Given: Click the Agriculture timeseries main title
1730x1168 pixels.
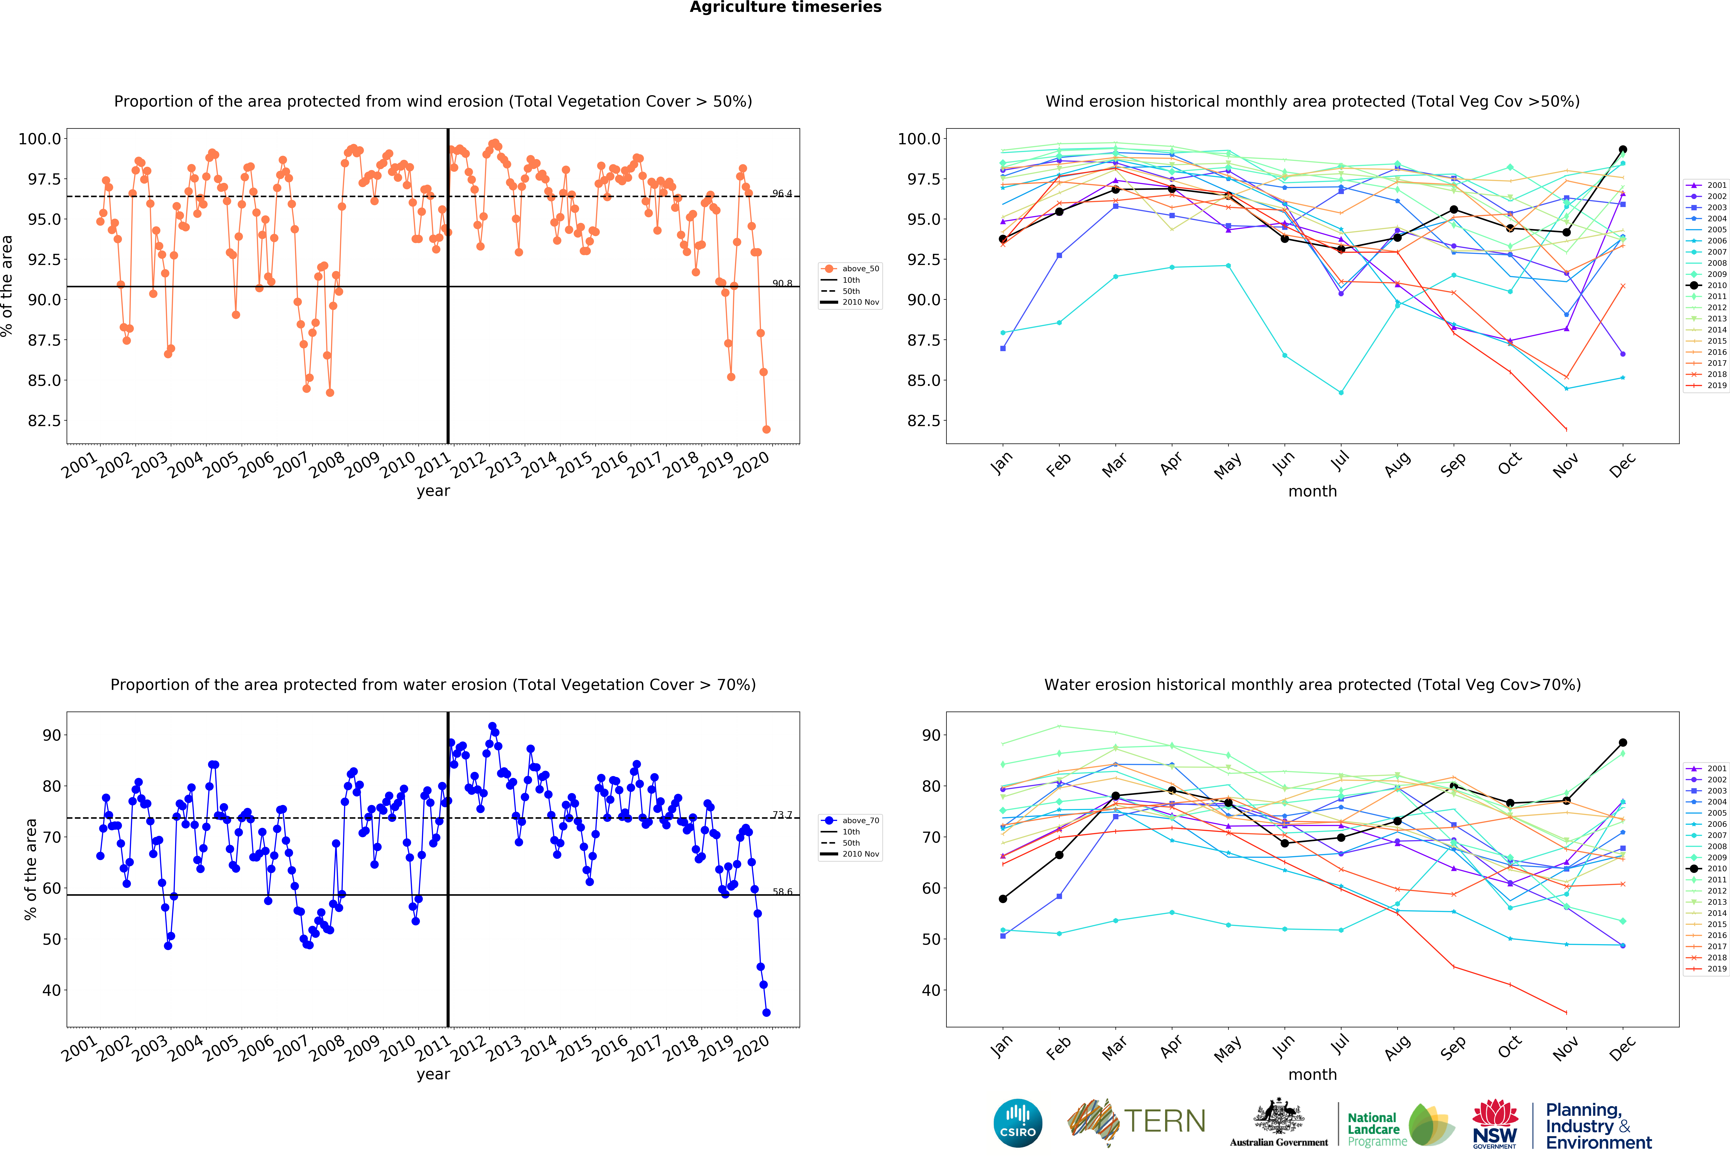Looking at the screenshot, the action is coord(785,7).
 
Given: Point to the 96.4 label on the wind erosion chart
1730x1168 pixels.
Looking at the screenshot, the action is coord(782,193).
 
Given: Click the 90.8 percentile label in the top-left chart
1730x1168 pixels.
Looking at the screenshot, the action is coord(782,283).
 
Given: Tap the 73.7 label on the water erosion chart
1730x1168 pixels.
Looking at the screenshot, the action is coord(782,815).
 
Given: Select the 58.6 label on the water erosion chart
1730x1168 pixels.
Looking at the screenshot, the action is coord(782,891).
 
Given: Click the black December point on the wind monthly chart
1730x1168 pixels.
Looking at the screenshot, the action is coord(1623,150).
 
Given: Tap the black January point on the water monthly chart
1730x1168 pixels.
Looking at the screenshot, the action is coord(1003,899).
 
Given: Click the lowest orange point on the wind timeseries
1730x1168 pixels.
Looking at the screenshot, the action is coord(766,429).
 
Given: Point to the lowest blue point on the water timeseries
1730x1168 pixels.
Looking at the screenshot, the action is coord(766,1013).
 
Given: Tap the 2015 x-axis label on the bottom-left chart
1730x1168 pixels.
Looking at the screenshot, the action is coord(575,1048).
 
